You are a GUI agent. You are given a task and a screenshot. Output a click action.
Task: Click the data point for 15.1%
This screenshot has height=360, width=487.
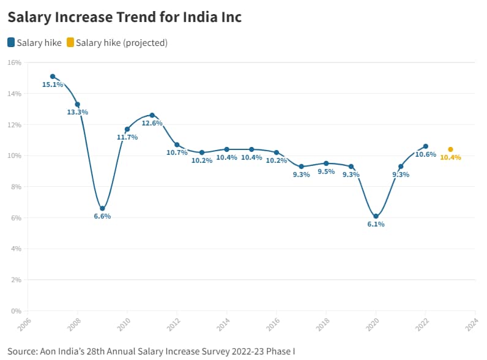53,77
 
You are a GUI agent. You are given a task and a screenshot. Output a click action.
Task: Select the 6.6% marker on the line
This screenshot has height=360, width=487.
102,208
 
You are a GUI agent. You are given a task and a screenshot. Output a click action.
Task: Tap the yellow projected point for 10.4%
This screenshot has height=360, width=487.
450,149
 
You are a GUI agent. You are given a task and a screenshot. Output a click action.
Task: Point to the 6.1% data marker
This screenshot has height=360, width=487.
376,216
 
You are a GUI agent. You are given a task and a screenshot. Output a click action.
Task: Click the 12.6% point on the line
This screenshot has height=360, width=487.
152,115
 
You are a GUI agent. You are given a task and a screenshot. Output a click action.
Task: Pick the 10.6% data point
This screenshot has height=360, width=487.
426,146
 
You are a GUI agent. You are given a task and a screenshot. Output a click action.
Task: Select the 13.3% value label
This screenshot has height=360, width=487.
77,113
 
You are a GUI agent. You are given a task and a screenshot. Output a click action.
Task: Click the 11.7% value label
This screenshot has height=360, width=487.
127,137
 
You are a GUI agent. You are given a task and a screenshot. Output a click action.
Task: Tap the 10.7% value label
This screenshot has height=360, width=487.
177,153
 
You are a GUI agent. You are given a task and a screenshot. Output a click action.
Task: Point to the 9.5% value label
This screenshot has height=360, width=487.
326,171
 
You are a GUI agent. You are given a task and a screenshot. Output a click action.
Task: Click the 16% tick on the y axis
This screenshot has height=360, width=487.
15,62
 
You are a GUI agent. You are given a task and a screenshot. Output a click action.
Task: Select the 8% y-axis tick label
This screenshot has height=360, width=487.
16,187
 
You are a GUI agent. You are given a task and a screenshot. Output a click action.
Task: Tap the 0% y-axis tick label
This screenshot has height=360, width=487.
16,311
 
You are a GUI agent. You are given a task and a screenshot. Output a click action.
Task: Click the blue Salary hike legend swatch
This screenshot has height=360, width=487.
11,43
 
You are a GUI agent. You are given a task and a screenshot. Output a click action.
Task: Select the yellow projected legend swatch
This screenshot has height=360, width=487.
70,43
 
